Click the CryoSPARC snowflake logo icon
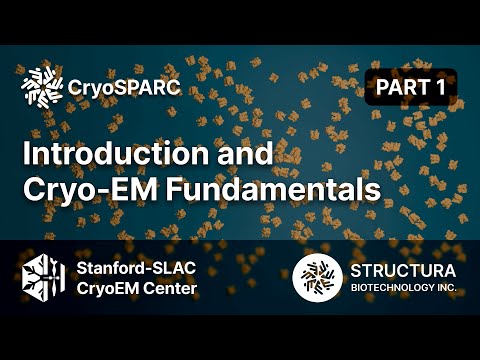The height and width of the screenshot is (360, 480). point(41,88)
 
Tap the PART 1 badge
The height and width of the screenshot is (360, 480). point(410,87)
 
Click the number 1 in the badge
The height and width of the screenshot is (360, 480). point(439,87)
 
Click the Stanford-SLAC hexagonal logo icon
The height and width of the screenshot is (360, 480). point(43,278)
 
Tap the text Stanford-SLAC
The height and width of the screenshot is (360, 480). point(136,268)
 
